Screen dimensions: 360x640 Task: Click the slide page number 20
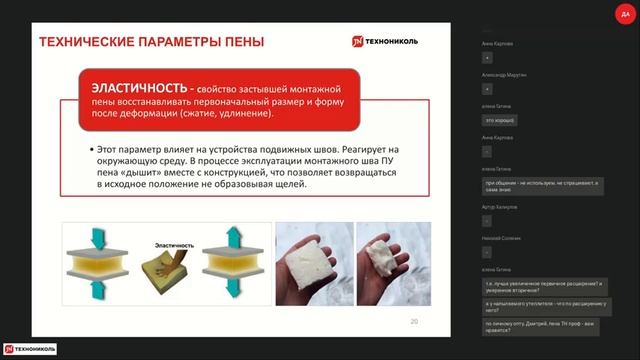(414, 321)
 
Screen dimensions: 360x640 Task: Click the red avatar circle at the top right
(626, 13)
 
